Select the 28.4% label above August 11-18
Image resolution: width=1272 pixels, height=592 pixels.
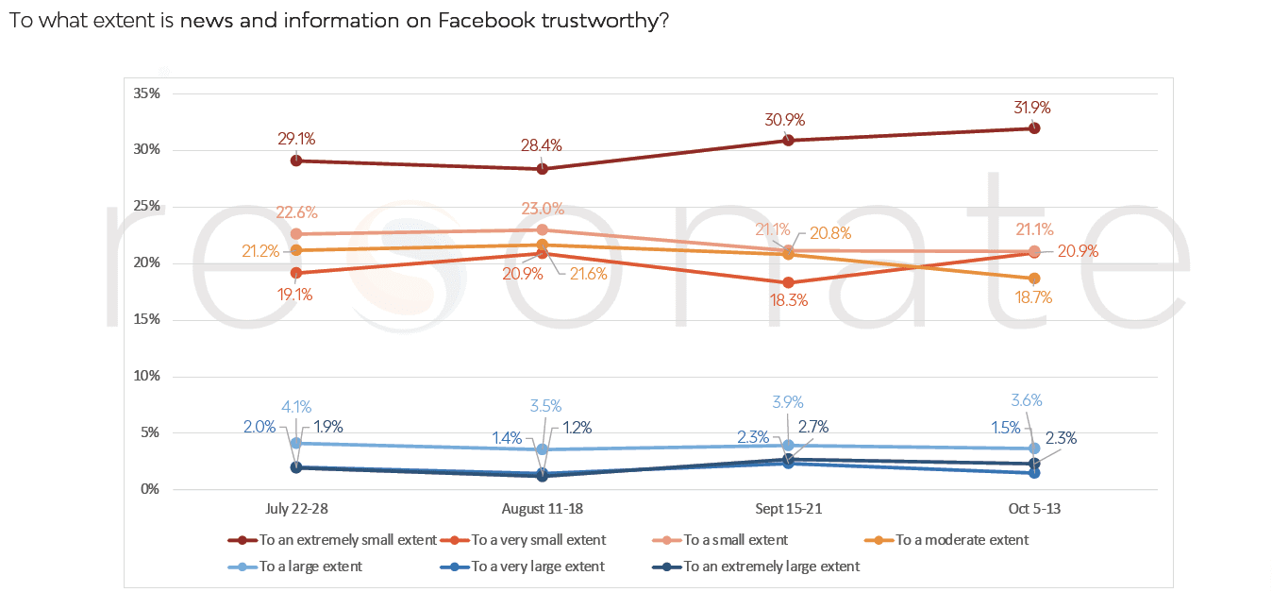pyautogui.click(x=542, y=145)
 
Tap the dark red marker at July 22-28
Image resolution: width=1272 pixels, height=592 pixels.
pyautogui.click(x=296, y=161)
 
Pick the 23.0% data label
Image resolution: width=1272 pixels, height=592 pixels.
pyautogui.click(x=542, y=210)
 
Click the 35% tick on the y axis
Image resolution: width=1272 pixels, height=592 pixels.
pyautogui.click(x=146, y=93)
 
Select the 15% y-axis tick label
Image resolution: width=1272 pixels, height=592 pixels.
pyautogui.click(x=146, y=319)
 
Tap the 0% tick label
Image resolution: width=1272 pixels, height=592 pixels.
pyautogui.click(x=150, y=489)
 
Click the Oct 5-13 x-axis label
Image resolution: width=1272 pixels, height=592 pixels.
pyautogui.click(x=1034, y=510)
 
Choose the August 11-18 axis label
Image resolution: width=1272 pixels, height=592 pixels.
pyautogui.click(x=542, y=510)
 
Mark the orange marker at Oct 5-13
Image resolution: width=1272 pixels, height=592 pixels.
pyautogui.click(x=1034, y=279)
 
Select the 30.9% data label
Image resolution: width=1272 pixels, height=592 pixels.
pyautogui.click(x=789, y=121)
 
